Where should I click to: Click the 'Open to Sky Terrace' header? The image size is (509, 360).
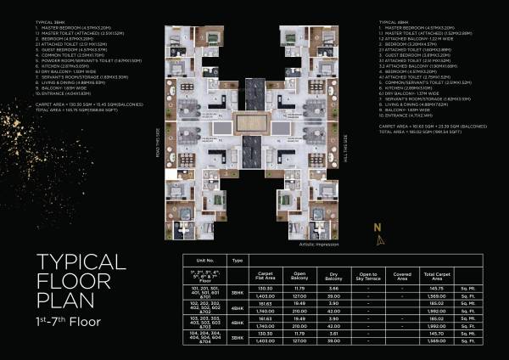(366, 276)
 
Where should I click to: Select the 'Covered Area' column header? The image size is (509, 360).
(403, 276)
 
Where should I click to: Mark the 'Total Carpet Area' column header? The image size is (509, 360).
(438, 276)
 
